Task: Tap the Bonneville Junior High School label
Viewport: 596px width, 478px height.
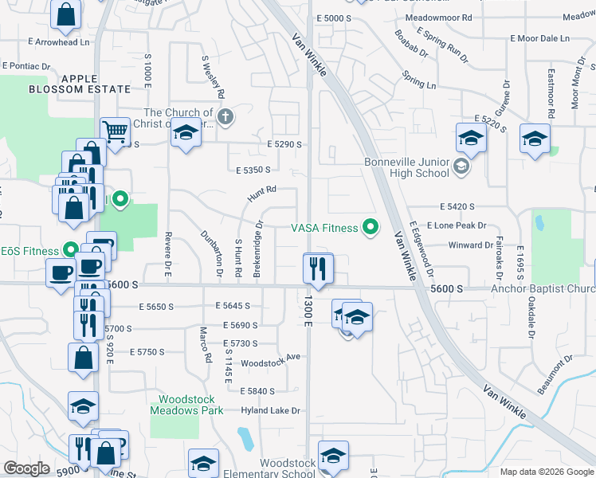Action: click(x=407, y=167)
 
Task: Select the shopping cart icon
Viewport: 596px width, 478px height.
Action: click(x=116, y=131)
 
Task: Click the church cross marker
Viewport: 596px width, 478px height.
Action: click(x=225, y=118)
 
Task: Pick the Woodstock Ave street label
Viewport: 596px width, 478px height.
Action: click(x=270, y=356)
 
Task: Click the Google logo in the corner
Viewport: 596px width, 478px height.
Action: click(x=26, y=468)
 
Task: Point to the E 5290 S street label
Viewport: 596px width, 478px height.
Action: click(x=285, y=144)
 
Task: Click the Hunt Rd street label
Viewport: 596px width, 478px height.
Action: click(x=261, y=191)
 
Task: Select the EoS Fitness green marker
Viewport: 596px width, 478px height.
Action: click(x=71, y=250)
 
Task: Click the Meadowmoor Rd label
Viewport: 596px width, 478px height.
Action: click(x=438, y=17)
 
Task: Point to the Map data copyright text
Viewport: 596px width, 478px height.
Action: click(x=547, y=472)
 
